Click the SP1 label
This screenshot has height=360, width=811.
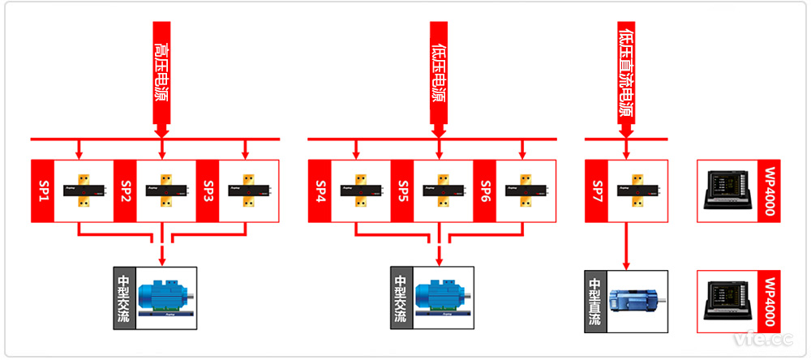[42, 191]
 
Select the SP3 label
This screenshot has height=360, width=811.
[207, 191]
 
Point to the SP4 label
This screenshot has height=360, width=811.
[320, 191]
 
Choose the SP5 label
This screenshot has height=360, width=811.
[402, 191]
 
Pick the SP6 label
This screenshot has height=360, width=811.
[484, 191]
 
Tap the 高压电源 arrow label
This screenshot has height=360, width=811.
[161, 73]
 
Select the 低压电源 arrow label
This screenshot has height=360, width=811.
[438, 73]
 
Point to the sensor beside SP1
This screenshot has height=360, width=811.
[83, 191]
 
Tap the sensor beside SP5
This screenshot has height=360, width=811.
[443, 191]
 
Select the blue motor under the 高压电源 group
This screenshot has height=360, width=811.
[165, 298]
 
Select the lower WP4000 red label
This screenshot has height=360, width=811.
[770, 301]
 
